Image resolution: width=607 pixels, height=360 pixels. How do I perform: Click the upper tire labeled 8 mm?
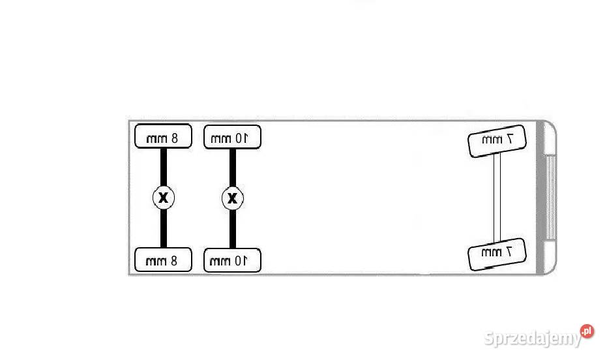click(x=163, y=136)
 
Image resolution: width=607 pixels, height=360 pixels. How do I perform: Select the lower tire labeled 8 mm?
click(x=163, y=260)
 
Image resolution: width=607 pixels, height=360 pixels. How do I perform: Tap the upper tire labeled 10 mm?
click(x=232, y=137)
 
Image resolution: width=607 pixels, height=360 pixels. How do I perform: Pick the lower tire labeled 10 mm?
click(x=232, y=260)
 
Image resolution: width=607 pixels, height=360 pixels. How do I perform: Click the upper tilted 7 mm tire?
click(x=497, y=141)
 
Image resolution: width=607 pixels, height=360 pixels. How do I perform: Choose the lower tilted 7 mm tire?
click(x=497, y=254)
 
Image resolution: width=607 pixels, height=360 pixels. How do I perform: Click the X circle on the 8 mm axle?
click(x=164, y=198)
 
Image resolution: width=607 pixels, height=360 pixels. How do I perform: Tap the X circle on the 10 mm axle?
click(x=232, y=198)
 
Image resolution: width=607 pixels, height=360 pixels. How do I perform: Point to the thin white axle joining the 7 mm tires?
click(x=497, y=198)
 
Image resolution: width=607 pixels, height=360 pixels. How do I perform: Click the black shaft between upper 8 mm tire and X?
click(x=164, y=168)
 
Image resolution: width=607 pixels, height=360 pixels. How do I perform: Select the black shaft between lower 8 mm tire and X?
click(x=164, y=228)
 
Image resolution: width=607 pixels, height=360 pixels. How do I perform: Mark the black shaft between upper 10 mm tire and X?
click(x=233, y=168)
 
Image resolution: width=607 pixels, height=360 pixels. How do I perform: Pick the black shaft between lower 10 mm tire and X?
click(x=233, y=229)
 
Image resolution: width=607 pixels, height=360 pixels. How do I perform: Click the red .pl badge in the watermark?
click(x=587, y=331)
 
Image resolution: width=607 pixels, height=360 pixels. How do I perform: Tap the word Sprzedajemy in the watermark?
click(x=533, y=338)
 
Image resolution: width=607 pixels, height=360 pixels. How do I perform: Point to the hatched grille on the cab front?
click(x=550, y=198)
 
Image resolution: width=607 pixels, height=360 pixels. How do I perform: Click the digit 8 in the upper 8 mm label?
click(x=174, y=138)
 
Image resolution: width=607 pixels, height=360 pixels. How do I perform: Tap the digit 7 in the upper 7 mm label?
click(x=509, y=138)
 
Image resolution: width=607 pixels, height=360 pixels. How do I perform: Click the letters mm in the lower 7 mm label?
click(x=491, y=253)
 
